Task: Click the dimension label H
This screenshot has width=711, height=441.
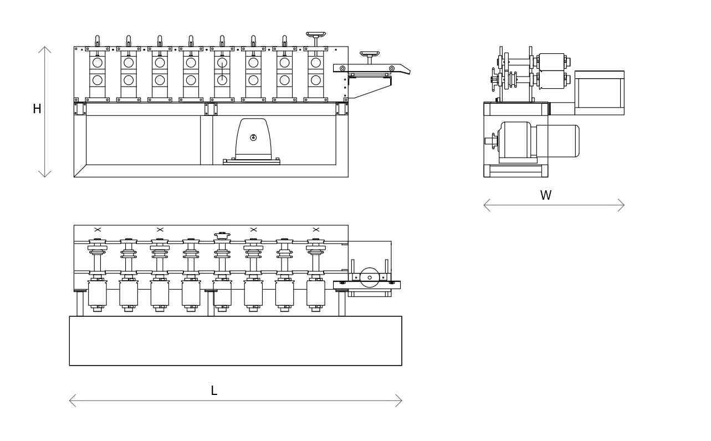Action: pyautogui.click(x=37, y=109)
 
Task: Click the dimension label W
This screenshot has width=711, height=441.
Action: pyautogui.click(x=546, y=195)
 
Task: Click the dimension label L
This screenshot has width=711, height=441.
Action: pyautogui.click(x=214, y=391)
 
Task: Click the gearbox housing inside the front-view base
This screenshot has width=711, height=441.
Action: pyautogui.click(x=253, y=140)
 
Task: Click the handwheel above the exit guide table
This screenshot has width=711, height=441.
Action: pyautogui.click(x=370, y=54)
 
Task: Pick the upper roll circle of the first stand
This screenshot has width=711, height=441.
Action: pyautogui.click(x=98, y=63)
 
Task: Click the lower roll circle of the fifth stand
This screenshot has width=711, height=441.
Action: pyautogui.click(x=222, y=80)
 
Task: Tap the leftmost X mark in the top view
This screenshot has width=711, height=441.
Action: pyautogui.click(x=98, y=229)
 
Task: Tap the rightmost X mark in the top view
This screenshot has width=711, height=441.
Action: pyautogui.click(x=316, y=229)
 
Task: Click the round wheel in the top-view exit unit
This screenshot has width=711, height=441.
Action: pyautogui.click(x=370, y=277)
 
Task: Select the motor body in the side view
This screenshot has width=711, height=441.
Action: pyautogui.click(x=557, y=141)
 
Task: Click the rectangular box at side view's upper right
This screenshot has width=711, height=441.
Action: pyautogui.click(x=599, y=93)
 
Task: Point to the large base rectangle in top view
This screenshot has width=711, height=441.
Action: pyautogui.click(x=236, y=341)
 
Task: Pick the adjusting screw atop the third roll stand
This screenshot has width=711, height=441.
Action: pyautogui.click(x=160, y=40)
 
